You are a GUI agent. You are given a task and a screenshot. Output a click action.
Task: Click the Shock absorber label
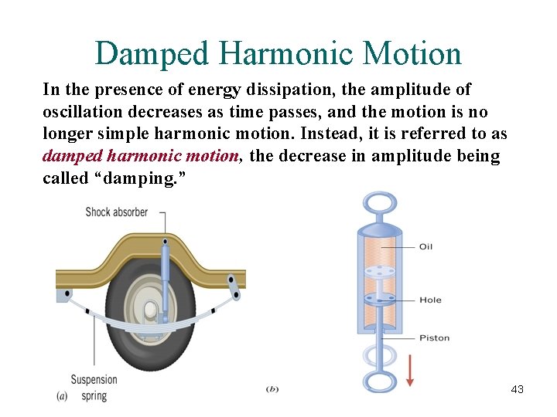(116, 212)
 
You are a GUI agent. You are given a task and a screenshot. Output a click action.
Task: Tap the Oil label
(425, 246)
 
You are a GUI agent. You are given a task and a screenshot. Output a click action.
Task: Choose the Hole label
(430, 300)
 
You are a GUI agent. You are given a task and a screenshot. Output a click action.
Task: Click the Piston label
(434, 337)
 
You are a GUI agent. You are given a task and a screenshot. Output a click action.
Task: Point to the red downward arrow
(409, 371)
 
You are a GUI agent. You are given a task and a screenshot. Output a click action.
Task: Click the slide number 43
(517, 389)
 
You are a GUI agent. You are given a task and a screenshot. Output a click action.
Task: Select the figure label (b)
(272, 388)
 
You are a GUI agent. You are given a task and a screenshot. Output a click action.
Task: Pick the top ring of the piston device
(378, 205)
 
